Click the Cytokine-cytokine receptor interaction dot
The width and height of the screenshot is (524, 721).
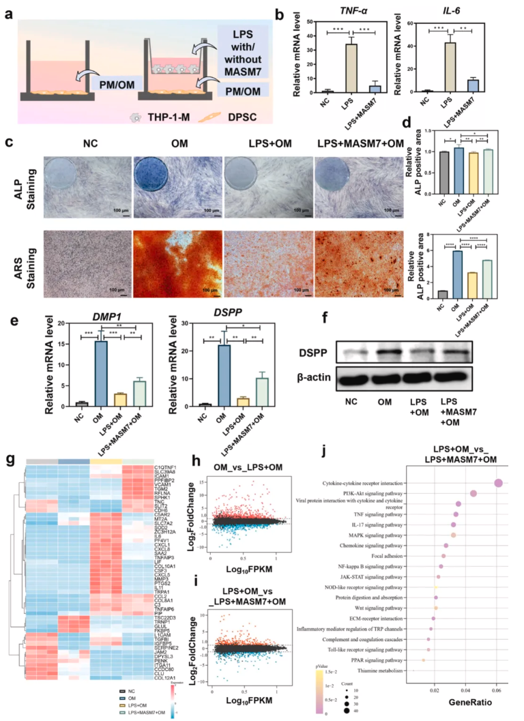[498, 483]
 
